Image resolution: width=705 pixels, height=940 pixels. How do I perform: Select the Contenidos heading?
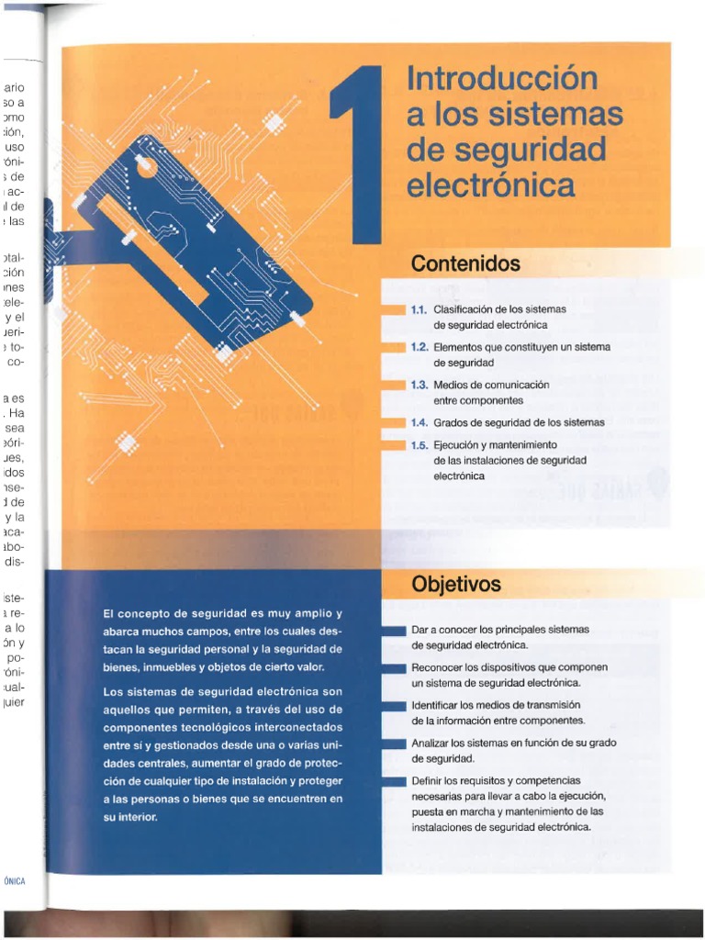point(465,264)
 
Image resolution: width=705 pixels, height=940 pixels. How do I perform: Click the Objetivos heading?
point(456,585)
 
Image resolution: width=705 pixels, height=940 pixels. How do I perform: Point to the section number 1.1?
point(420,309)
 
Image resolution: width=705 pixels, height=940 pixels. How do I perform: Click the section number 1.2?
point(420,348)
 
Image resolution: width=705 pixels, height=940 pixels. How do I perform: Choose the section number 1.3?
point(420,386)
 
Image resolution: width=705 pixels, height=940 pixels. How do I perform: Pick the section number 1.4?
point(420,423)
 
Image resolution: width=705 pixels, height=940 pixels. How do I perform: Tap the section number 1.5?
point(420,445)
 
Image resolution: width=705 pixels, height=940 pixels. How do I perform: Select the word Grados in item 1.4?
point(452,423)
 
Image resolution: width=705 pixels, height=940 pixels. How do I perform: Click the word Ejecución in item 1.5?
point(457,445)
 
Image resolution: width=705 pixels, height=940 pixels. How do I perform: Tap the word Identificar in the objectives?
point(435,705)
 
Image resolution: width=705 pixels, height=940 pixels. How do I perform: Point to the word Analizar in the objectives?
point(432,743)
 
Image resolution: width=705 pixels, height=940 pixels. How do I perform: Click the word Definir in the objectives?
point(429,780)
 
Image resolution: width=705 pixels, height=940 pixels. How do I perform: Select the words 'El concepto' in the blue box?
point(139,613)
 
